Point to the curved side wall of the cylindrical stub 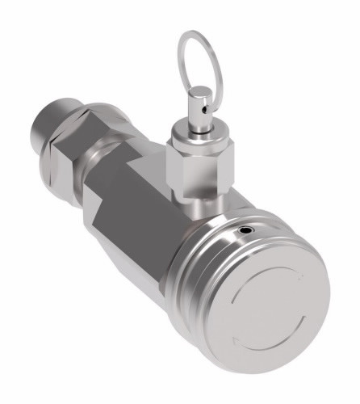pos(61,113)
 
